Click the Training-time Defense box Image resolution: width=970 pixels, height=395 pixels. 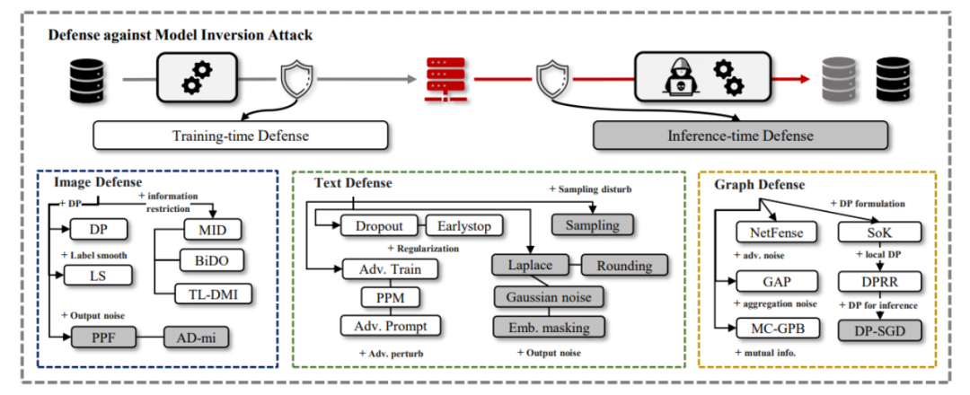pos(241,136)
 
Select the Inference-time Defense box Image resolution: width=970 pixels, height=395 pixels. pos(740,136)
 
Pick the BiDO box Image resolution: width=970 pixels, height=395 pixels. pos(211,259)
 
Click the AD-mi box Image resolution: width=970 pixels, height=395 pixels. pos(196,338)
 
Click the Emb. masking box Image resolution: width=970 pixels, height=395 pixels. pos(548,325)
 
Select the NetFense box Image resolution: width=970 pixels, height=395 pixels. pos(771,235)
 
